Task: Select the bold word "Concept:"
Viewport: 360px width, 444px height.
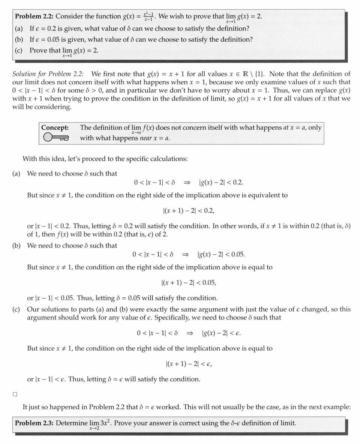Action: pos(55,127)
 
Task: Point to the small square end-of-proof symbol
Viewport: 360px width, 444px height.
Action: pos(15,394)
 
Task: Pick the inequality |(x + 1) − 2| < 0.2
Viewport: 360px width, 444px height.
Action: pos(189,211)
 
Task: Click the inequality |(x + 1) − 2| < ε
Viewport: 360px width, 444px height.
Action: pos(189,364)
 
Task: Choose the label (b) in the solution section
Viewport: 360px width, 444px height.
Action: pos(16,246)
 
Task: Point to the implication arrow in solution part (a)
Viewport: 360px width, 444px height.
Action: pos(186,183)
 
